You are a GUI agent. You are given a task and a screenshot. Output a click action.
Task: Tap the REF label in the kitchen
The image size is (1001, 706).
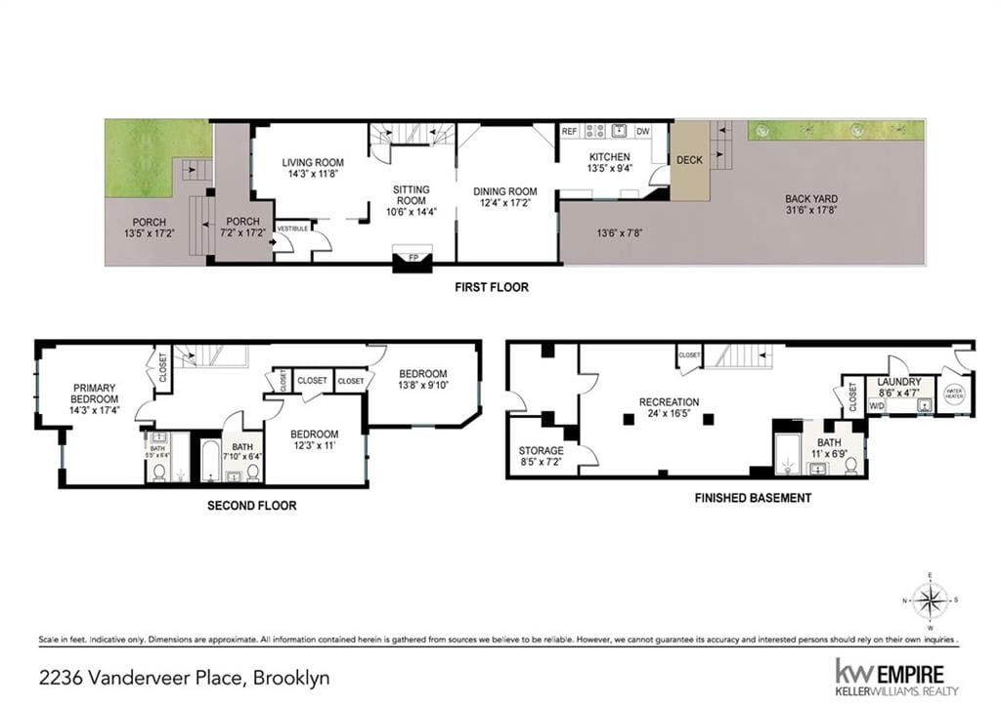point(570,131)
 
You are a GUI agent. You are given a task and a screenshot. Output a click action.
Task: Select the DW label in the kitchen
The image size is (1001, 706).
point(642,131)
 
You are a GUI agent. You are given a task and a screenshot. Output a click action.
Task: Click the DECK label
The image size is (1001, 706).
point(689,160)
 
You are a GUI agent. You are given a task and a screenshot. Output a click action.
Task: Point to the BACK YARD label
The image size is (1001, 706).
point(811,198)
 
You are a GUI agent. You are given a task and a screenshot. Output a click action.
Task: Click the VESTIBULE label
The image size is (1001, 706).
point(292,228)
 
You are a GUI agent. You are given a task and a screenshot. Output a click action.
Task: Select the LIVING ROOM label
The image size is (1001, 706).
point(313,162)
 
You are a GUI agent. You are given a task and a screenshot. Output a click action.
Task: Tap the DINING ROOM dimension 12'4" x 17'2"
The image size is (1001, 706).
point(505,203)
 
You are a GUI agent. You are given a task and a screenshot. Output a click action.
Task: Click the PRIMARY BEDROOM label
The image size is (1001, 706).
point(94,393)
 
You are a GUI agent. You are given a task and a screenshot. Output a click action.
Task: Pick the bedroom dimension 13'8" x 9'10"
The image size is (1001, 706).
point(422,386)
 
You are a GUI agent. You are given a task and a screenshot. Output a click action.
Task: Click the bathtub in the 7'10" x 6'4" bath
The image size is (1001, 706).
point(210,461)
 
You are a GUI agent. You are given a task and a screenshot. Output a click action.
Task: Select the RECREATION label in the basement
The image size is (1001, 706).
point(669,401)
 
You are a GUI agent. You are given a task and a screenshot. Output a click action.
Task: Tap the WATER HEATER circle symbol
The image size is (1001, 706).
point(954,394)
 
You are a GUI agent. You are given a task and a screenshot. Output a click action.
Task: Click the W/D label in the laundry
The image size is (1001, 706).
point(876,404)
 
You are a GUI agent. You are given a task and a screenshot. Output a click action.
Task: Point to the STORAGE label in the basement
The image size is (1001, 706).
point(541,450)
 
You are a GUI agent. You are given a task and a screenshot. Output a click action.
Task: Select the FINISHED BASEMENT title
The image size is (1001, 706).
point(753,498)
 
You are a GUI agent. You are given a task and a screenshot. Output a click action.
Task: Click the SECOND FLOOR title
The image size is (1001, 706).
point(251,506)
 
